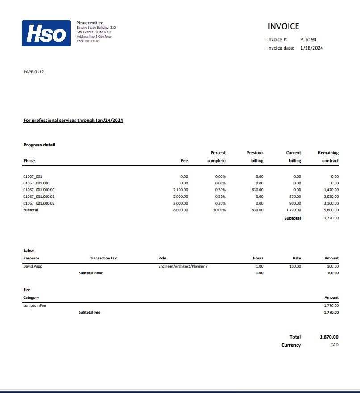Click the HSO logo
[x=46, y=33]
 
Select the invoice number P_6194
[x=308, y=39]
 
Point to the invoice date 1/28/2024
[x=311, y=48]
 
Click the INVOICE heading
[x=283, y=26]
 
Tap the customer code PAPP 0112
[x=33, y=72]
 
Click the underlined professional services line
[x=73, y=121]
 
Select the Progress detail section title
[x=39, y=145]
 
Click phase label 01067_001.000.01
[x=39, y=196]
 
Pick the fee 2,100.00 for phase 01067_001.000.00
[x=180, y=190]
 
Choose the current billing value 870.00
[x=295, y=196]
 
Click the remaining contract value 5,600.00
[x=331, y=210]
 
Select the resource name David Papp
[x=33, y=266]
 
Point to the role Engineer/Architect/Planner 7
[x=183, y=266]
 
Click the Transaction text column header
[x=104, y=258]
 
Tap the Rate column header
[x=297, y=258]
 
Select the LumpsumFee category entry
[x=34, y=305]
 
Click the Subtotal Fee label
[x=89, y=312]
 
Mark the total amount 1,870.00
[x=329, y=337]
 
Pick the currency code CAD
[x=334, y=345]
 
